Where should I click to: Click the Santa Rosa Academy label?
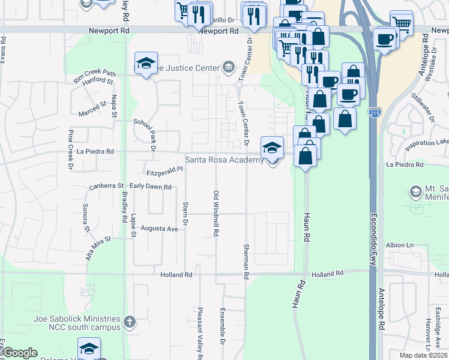point(224,160)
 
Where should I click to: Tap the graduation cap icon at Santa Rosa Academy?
point(272,147)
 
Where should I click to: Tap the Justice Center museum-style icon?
point(228,67)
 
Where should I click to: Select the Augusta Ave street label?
point(160,229)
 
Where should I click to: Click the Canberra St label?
point(106,187)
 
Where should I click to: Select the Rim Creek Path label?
point(94,73)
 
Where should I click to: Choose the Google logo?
point(20,353)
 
